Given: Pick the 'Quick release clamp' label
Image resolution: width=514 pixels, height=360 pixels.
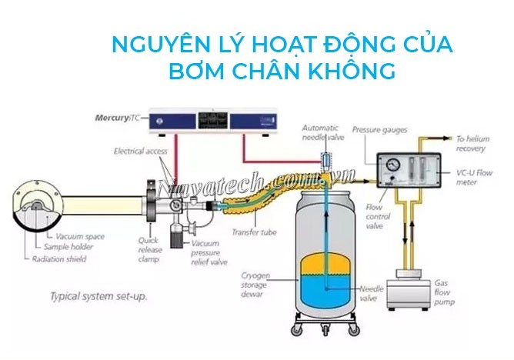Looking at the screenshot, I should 149,248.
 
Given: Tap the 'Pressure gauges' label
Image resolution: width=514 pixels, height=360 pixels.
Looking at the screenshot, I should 379,131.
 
